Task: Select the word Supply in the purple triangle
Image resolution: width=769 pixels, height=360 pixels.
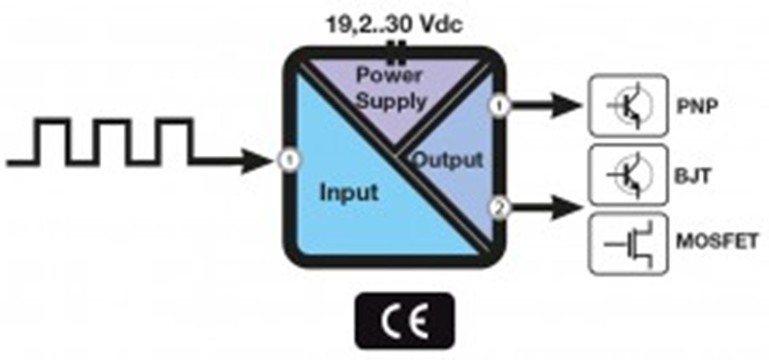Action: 390,101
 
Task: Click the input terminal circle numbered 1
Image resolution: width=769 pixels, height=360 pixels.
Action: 288,158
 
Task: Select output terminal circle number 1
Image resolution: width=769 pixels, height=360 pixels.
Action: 498,105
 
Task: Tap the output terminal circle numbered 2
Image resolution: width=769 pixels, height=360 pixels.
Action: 498,206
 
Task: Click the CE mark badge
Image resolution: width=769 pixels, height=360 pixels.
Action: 404,320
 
